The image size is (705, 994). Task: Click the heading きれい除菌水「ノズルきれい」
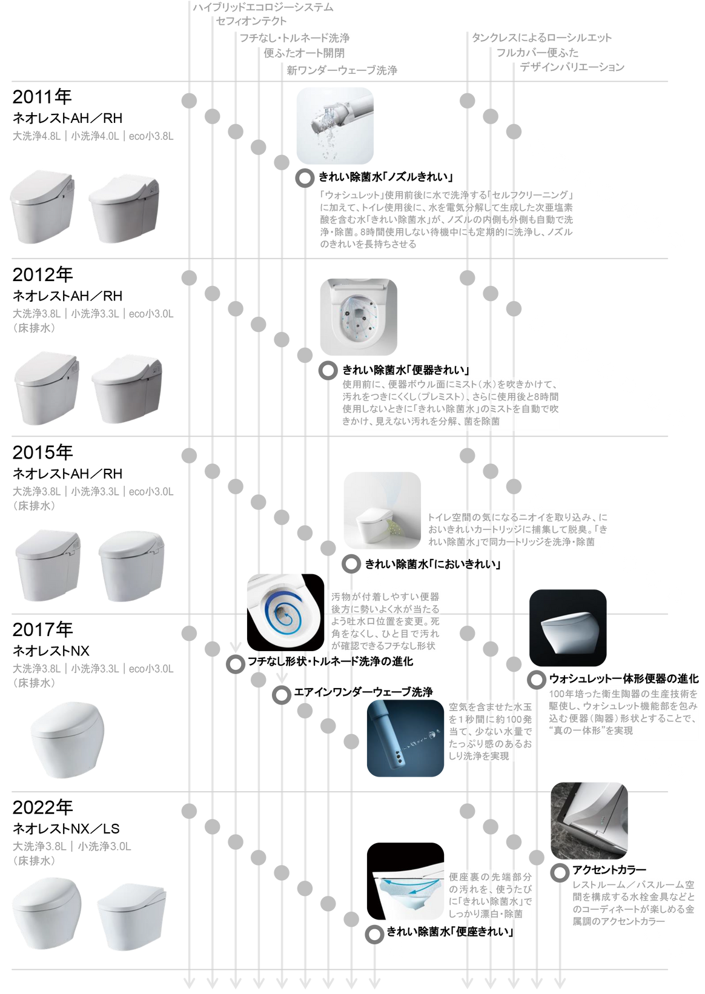click(x=386, y=177)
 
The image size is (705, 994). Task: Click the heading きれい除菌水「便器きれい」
click(x=406, y=369)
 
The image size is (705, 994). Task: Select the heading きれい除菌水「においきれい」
click(x=432, y=564)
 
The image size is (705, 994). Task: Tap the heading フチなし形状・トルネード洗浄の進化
click(x=331, y=661)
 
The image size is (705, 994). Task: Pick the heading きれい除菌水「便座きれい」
click(x=449, y=933)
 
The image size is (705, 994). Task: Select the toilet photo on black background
click(x=567, y=628)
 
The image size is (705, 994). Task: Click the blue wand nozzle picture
click(x=405, y=738)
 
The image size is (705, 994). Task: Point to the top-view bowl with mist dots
click(x=359, y=316)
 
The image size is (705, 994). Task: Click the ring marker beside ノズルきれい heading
click(x=303, y=177)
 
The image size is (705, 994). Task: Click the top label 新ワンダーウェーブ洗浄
click(x=342, y=71)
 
